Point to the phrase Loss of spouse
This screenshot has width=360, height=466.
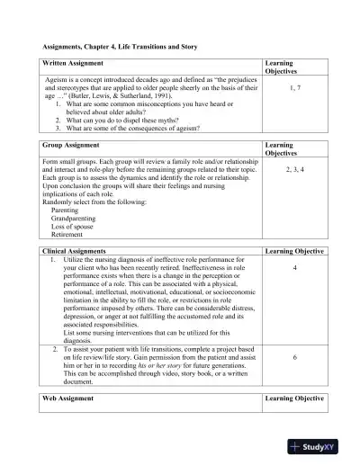pos(76,227)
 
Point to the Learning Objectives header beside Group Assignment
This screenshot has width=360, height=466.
pos(283,148)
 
